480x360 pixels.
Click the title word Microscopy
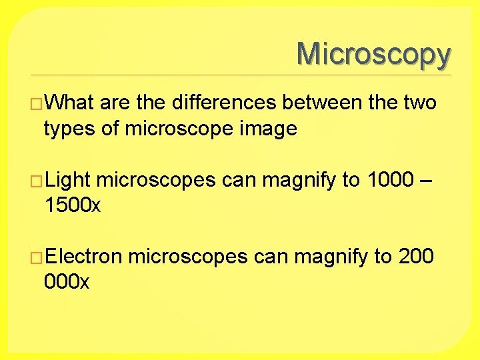(373, 54)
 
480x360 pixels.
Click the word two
(420, 103)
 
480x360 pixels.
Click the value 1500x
(72, 205)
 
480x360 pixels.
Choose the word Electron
(83, 257)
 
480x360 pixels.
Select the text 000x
(65, 282)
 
